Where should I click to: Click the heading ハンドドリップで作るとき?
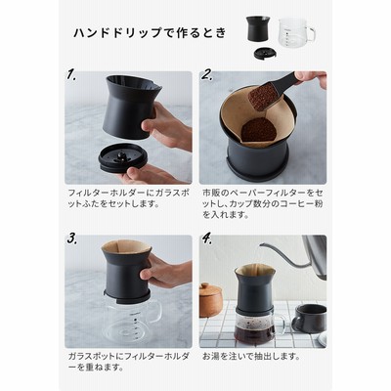coord(150,33)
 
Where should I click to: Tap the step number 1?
coord(71,74)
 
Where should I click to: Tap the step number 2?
coord(207,74)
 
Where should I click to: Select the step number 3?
coord(72,239)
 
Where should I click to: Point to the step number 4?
coord(206,239)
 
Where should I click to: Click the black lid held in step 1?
coord(123,157)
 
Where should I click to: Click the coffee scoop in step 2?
coord(271,91)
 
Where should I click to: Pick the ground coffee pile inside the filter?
coord(259,129)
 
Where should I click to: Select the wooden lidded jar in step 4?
coord(209,300)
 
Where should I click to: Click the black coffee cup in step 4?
coord(309,318)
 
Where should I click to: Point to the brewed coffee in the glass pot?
coord(255,331)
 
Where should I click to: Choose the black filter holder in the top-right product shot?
coord(258,29)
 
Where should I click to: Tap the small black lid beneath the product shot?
coord(265,53)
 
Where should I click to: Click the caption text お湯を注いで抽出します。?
coord(251,356)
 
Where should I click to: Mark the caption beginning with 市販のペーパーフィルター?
coord(263,203)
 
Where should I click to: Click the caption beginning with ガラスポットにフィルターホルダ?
coord(128,362)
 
